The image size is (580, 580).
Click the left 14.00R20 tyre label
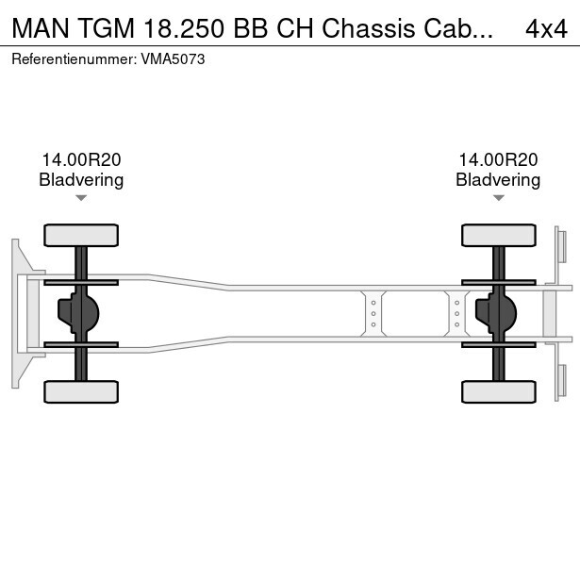[x=81, y=160]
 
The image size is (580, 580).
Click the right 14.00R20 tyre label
[x=498, y=160]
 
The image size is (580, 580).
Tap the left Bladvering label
[x=81, y=180]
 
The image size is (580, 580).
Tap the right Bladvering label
[x=498, y=180]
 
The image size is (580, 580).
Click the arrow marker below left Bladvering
[x=81, y=198]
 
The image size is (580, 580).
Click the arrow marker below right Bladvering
[x=498, y=198]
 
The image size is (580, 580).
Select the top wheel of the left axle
[x=81, y=234]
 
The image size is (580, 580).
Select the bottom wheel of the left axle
[x=81, y=390]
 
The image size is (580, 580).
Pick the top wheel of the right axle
[x=498, y=234]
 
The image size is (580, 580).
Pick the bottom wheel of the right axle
[x=498, y=390]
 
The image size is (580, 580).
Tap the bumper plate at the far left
[x=16, y=312]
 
